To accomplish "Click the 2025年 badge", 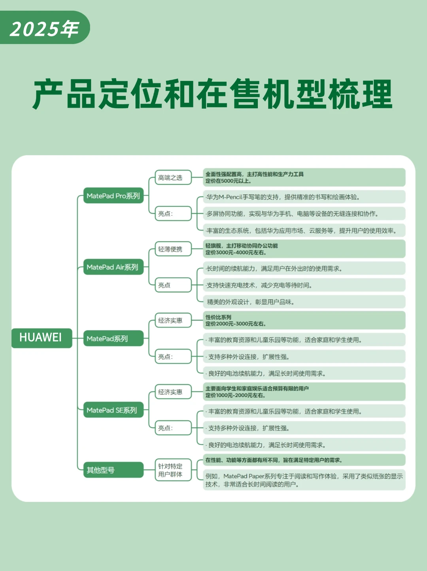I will coord(44,28).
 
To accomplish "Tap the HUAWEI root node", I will coord(42,338).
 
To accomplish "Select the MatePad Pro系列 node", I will coord(113,196).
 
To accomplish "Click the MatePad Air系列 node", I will coord(113,267).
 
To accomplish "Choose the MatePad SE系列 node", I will coord(113,410).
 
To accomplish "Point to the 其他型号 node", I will coord(113,470).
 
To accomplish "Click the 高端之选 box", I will coord(173,178).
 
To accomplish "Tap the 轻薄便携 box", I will coord(173,249).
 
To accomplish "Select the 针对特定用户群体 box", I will coord(173,470).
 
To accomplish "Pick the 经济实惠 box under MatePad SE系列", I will coord(173,392).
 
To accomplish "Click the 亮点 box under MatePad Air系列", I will coord(173,285).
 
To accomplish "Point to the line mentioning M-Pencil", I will coord(304,197).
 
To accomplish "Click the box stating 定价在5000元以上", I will coord(304,177).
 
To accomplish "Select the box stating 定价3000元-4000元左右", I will coord(304,249).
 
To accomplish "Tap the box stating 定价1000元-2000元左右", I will coord(304,392).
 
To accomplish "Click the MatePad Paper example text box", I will coord(304,480).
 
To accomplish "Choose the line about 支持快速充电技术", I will coord(304,285).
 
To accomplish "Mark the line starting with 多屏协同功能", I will coord(304,214).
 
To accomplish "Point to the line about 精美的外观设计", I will coord(304,302).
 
